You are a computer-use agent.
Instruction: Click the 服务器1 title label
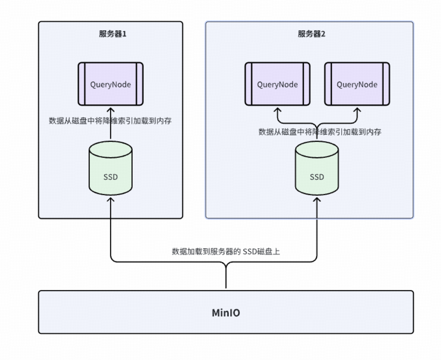112,34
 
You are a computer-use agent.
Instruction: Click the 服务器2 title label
311,34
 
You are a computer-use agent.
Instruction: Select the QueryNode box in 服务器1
110,84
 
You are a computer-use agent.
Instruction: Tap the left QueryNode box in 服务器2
277,84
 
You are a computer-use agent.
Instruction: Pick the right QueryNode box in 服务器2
357,84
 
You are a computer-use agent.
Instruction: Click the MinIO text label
225,313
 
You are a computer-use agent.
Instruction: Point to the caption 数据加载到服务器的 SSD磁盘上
225,251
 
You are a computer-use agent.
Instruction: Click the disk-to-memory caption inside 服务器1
110,121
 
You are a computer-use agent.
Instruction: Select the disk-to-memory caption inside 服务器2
319,132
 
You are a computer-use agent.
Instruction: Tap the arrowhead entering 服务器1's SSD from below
110,199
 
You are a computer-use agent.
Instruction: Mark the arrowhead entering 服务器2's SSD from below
317,199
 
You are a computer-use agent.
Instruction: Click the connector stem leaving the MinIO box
225,280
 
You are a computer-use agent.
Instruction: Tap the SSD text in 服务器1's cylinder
110,177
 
